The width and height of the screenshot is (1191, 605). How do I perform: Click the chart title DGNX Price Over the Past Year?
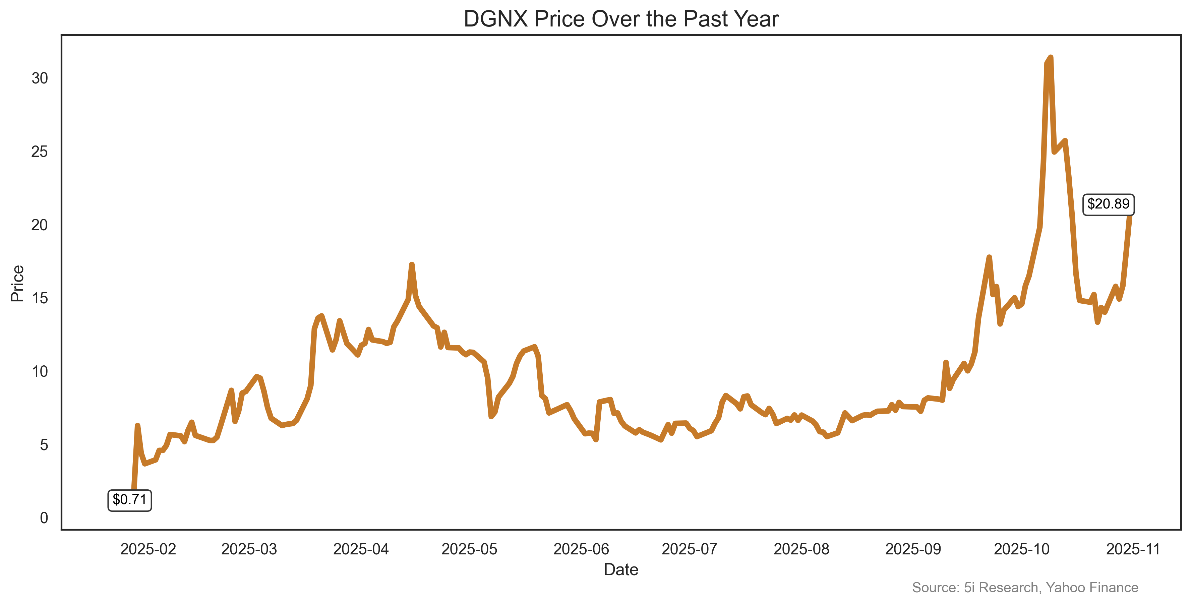[x=621, y=19]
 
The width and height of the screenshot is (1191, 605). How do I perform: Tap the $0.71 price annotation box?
[x=129, y=500]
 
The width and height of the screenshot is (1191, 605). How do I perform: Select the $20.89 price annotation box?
[x=1108, y=204]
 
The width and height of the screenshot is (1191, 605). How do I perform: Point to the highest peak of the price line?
[x=1051, y=58]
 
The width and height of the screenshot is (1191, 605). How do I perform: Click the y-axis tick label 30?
[x=40, y=78]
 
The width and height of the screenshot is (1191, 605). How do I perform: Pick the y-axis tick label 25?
[x=40, y=152]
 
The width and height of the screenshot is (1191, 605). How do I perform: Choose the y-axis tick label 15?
[x=40, y=298]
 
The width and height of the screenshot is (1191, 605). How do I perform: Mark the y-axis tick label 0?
[x=44, y=518]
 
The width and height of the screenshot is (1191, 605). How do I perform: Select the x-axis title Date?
[x=621, y=570]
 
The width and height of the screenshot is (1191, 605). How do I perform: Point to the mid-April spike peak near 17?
[x=412, y=265]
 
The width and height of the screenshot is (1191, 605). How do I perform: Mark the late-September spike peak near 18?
[x=989, y=257]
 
